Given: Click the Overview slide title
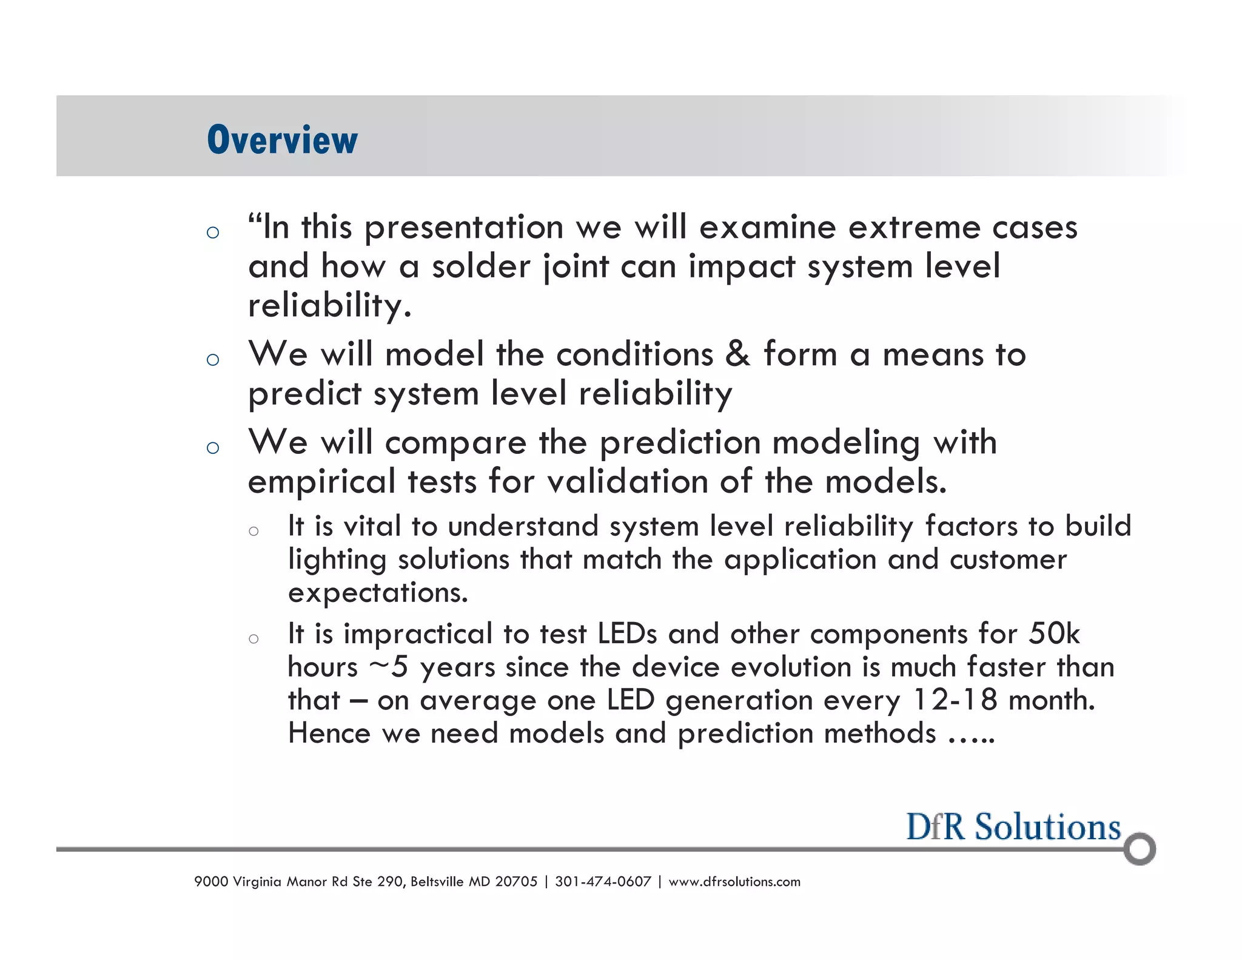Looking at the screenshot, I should (282, 140).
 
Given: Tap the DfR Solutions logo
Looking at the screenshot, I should (1013, 828).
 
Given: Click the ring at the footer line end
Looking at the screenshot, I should (1140, 849).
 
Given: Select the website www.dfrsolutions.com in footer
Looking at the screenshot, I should (734, 882).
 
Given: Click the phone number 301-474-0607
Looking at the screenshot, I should (603, 882).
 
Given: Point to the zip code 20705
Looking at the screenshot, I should (516, 882).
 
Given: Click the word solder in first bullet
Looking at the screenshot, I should (481, 267).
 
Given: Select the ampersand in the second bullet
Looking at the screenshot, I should (737, 354).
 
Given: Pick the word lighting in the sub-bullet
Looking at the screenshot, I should (337, 560).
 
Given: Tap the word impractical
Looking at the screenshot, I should (418, 634).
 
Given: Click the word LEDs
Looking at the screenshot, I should (627, 634).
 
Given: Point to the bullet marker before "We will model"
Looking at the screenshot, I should (212, 359).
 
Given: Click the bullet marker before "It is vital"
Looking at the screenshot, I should (253, 532).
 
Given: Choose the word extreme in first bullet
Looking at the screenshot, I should (913, 228).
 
